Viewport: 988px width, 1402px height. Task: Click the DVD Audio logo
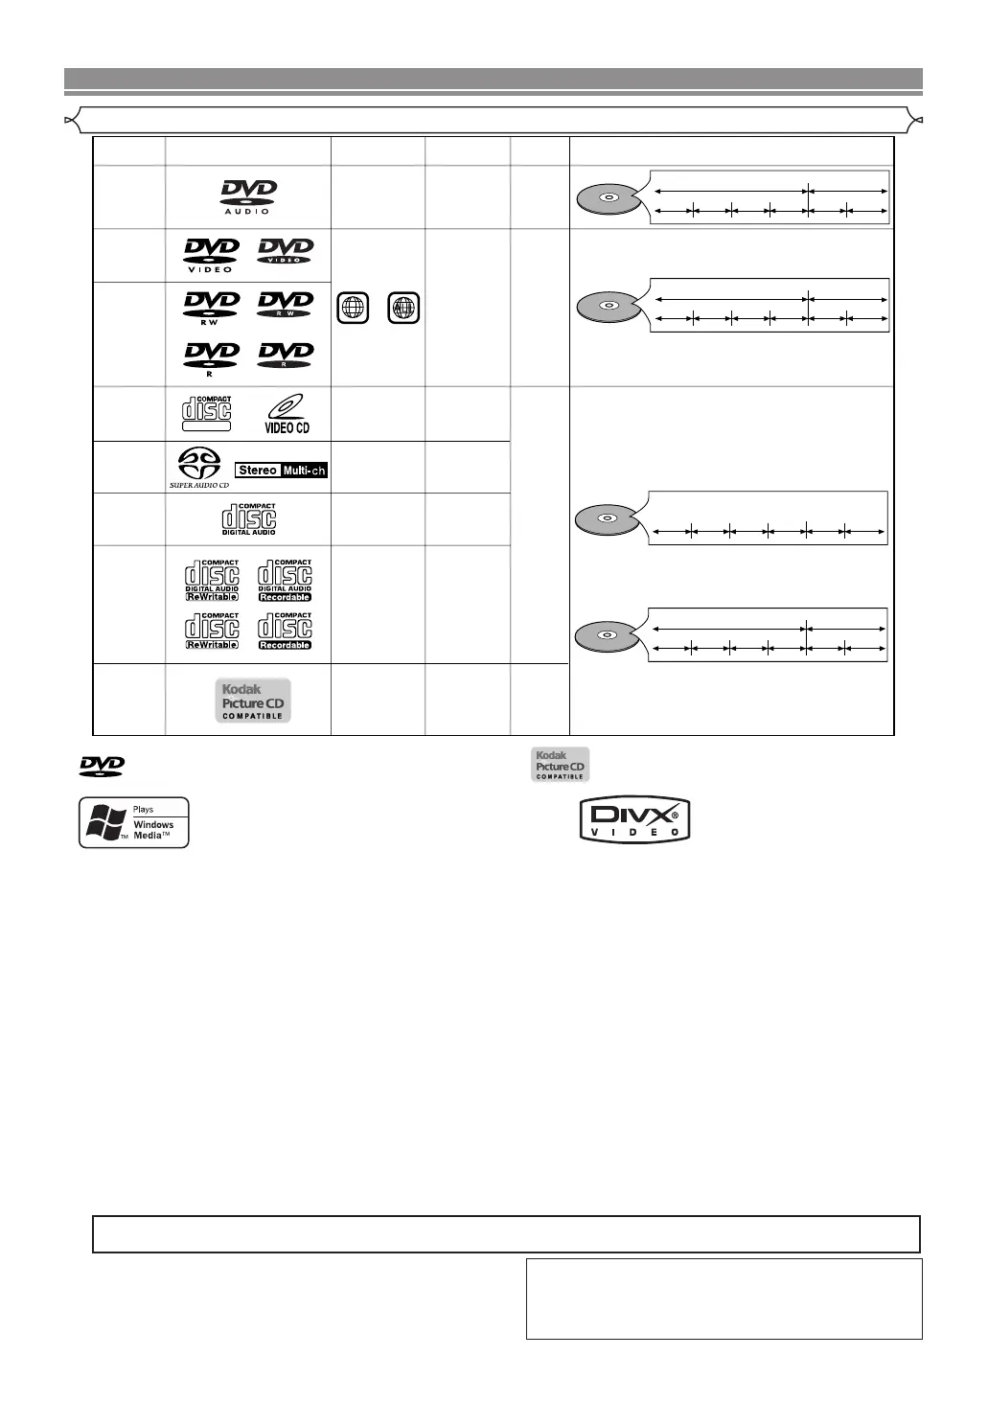pos(248,195)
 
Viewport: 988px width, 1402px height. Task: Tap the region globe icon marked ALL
pos(404,309)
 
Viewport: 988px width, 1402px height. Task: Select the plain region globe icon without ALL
pos(353,309)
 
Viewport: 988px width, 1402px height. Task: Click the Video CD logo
pos(286,414)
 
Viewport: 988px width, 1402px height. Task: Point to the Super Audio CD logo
pos(199,468)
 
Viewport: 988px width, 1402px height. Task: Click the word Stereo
pos(258,471)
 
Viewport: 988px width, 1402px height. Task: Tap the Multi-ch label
pos(305,471)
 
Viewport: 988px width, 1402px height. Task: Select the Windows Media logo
pos(133,822)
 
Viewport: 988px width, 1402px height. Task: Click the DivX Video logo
pos(634,820)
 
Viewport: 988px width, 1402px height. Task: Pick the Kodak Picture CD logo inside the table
pos(252,701)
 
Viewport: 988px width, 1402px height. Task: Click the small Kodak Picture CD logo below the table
pos(561,765)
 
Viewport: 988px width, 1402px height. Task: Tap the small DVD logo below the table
pos(102,766)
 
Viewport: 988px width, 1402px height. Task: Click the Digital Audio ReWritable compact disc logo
pos(212,580)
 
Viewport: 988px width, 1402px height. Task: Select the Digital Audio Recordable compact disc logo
pos(285,580)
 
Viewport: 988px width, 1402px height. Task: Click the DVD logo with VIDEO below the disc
pos(211,254)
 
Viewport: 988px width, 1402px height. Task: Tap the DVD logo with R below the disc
pos(211,358)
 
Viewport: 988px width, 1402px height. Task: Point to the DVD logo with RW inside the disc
pos(286,306)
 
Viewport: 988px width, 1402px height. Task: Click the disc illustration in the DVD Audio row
pos(608,198)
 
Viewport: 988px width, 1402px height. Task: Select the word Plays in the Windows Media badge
pos(143,810)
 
